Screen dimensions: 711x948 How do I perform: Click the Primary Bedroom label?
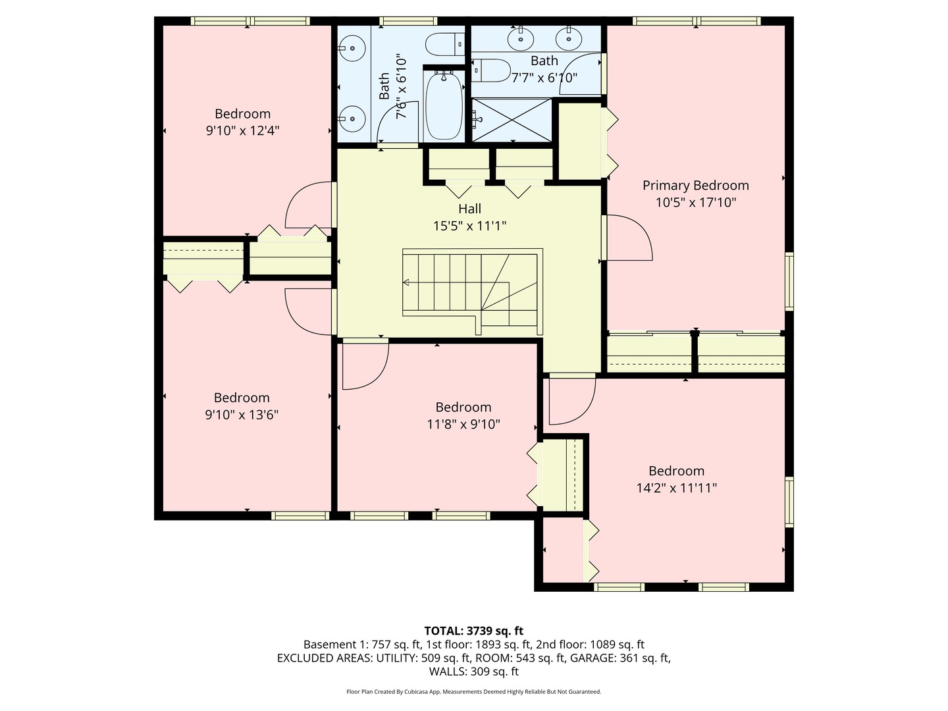click(695, 186)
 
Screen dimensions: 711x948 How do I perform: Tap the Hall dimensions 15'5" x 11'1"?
click(469, 226)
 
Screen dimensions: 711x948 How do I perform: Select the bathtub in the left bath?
click(443, 105)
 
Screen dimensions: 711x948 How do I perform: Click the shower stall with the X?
click(512, 120)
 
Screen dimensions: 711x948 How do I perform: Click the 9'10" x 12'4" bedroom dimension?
click(242, 131)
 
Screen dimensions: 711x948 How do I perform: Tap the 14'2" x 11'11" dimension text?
click(676, 488)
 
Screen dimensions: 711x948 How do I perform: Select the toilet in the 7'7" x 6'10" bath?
click(492, 70)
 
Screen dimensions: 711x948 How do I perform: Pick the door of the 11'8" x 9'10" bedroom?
click(363, 363)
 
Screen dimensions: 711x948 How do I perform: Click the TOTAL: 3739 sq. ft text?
click(473, 631)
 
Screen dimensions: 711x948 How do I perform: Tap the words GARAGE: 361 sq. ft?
click(619, 658)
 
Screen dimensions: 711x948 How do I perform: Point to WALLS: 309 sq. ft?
click(473, 671)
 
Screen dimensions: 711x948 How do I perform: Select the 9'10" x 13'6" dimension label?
click(242, 415)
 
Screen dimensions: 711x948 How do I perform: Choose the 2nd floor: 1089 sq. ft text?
click(590, 645)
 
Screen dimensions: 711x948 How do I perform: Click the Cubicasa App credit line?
click(473, 692)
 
